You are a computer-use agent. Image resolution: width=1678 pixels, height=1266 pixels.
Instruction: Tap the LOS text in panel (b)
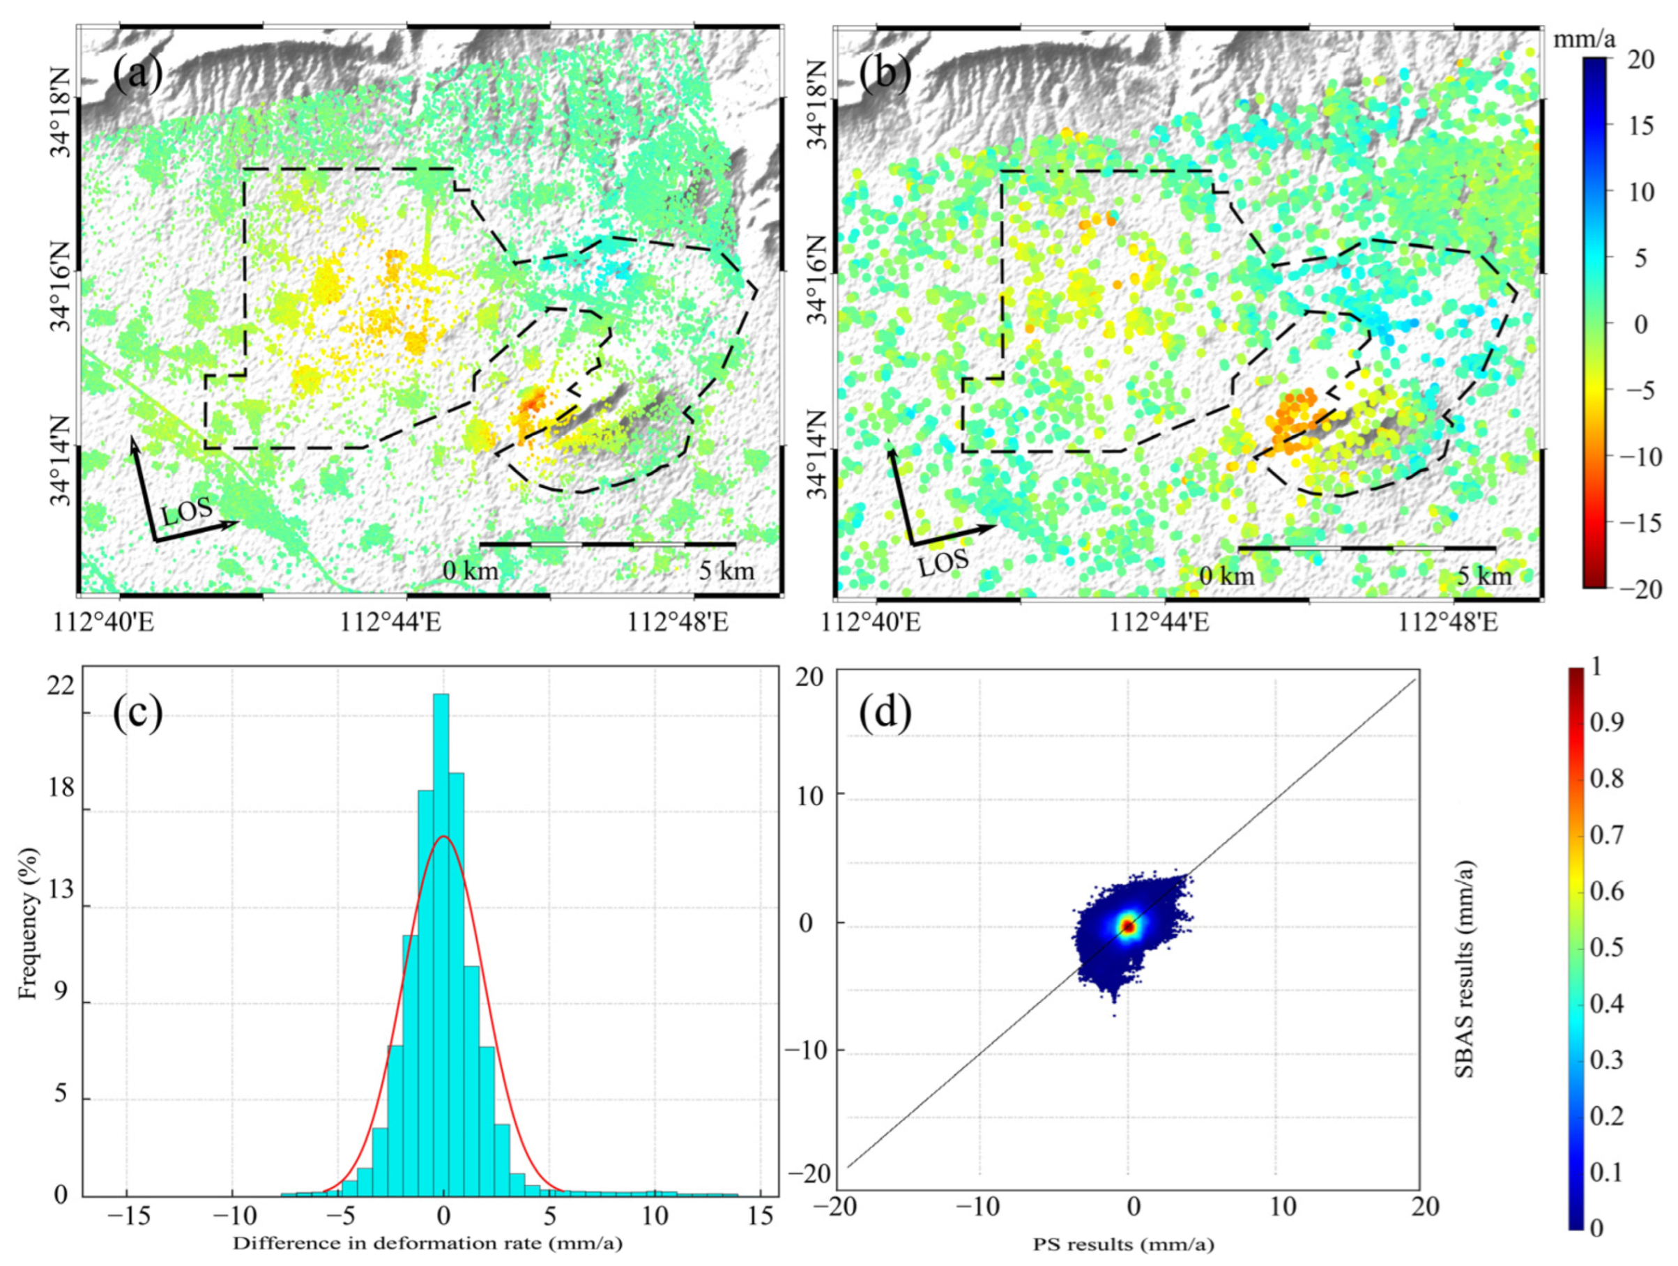[x=944, y=563]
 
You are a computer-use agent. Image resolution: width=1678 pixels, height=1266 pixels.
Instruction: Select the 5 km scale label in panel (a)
[x=726, y=570]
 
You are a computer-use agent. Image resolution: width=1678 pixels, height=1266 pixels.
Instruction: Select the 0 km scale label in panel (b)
[x=1227, y=576]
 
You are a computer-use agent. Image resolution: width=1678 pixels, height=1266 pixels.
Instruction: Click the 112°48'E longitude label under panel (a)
[x=678, y=623]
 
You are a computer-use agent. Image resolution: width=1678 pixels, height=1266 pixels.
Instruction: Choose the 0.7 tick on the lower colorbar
[x=1607, y=835]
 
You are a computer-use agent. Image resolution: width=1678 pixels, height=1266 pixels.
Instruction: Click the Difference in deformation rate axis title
[x=428, y=1243]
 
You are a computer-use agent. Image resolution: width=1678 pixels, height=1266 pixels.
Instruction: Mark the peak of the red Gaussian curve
[x=444, y=837]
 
